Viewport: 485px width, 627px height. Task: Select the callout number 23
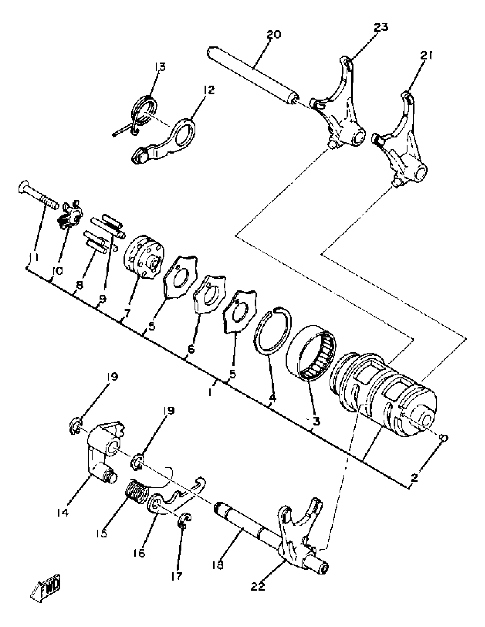[x=381, y=28]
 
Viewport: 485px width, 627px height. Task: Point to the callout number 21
[x=427, y=55]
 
